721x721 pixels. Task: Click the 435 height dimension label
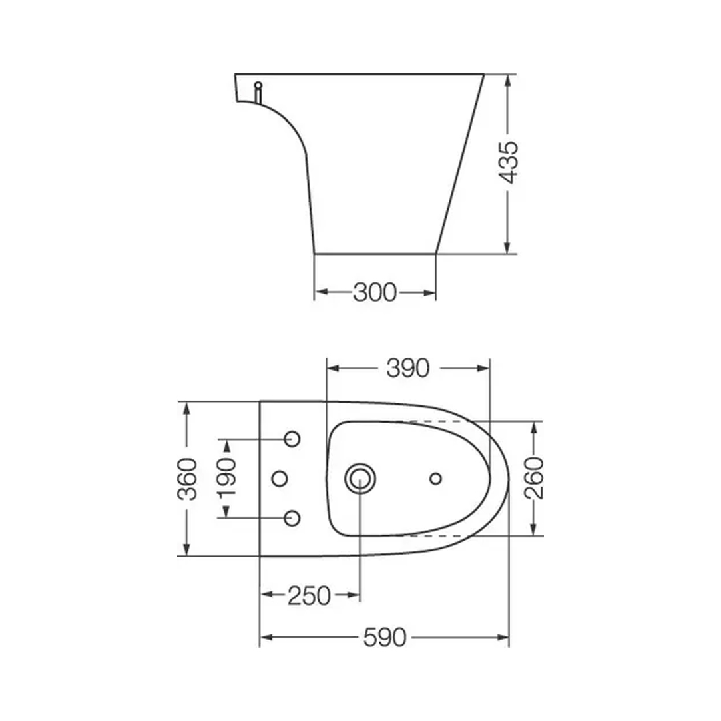click(x=509, y=162)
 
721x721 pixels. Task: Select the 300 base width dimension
click(x=375, y=292)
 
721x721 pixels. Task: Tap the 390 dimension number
click(x=407, y=368)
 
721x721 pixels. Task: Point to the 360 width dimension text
click(x=187, y=479)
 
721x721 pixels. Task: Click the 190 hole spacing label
click(x=227, y=478)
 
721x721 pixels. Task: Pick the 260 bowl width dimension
click(x=534, y=478)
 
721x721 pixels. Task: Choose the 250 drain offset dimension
click(x=309, y=595)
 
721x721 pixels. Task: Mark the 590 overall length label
click(x=385, y=638)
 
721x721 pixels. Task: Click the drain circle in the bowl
click(x=360, y=479)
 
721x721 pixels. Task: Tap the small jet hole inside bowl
click(x=435, y=479)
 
